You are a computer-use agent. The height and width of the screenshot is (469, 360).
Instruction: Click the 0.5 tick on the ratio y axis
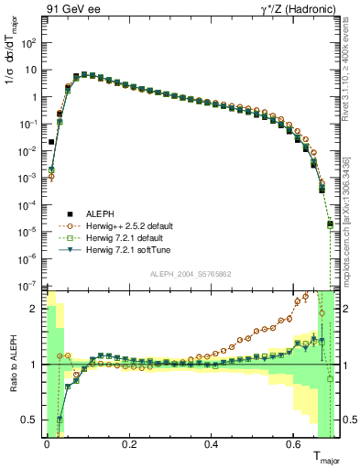(32, 420)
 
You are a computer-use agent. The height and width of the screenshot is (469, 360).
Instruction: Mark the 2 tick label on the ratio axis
(36, 309)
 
